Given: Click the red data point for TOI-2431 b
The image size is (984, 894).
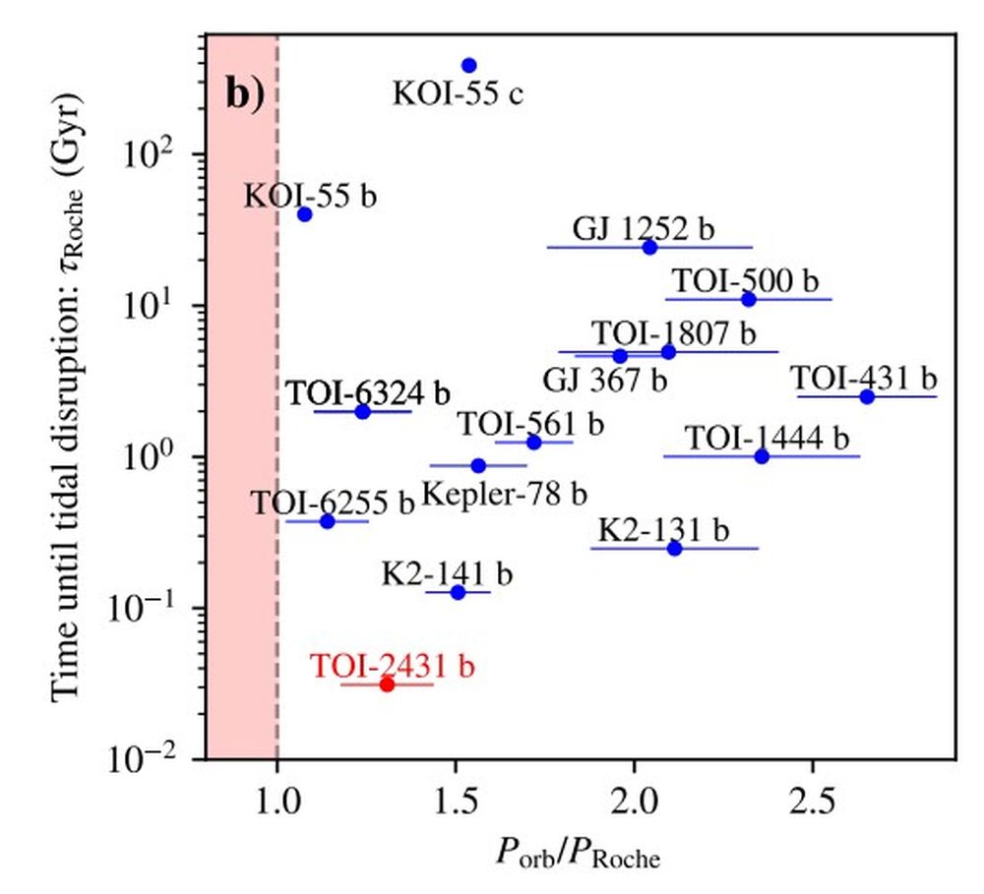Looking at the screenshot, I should tap(387, 685).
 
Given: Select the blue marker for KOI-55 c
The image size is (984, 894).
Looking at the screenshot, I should tap(468, 66).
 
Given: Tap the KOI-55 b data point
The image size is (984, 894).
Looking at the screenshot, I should tap(305, 214).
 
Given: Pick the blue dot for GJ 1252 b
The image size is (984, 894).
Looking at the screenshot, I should tap(649, 247).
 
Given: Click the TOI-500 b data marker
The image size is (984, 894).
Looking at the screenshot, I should tap(749, 299).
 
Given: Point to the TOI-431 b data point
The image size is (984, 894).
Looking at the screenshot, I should tap(867, 396).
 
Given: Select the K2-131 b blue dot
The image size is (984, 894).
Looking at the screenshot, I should tap(675, 548).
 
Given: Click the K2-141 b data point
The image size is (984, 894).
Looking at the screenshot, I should tap(458, 592).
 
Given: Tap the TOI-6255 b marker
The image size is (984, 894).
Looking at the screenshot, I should tap(328, 521).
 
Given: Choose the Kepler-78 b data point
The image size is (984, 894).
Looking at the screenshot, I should tap(478, 465).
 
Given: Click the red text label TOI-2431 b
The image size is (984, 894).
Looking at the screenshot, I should tap(393, 666).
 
